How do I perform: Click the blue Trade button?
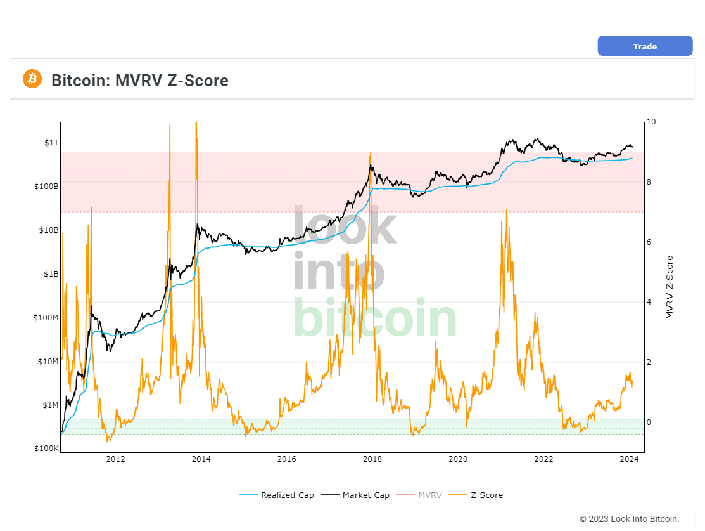645,46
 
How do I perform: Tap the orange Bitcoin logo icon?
32,79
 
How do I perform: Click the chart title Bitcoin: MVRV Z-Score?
139,81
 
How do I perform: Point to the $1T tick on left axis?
51,143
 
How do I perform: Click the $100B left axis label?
47,187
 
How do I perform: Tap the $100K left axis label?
47,449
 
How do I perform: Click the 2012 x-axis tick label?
115,459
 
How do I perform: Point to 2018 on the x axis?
372,459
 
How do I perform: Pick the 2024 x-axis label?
628,459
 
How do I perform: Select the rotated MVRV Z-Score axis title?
670,287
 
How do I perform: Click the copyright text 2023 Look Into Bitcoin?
629,519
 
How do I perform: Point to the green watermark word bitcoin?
374,319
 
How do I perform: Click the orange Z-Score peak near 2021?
506,209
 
